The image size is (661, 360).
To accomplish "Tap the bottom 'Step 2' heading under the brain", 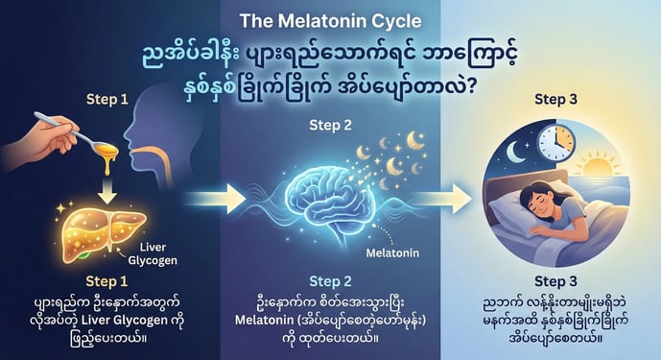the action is tap(329, 281).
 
